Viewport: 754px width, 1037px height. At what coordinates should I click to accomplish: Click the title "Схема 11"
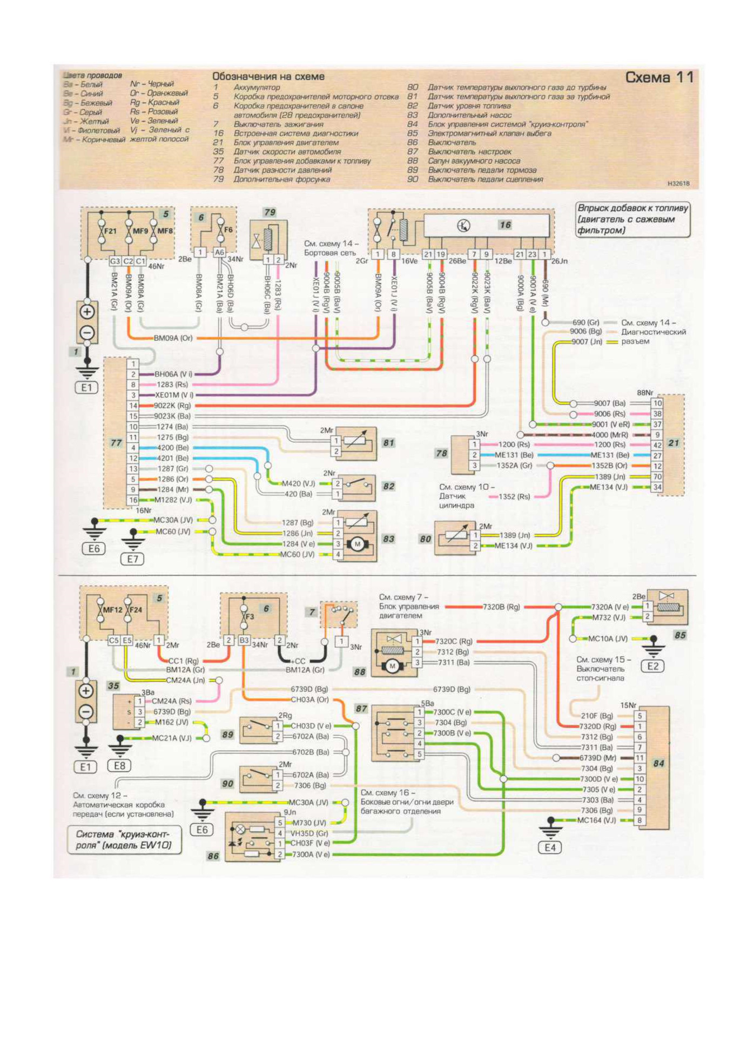pyautogui.click(x=659, y=78)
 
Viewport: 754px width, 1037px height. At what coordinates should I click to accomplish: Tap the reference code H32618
pyautogui.click(x=678, y=184)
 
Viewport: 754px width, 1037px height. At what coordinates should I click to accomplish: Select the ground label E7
pyautogui.click(x=132, y=559)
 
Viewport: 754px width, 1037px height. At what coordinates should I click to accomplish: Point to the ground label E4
pyautogui.click(x=550, y=847)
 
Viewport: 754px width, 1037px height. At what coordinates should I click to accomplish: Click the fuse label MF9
pyautogui.click(x=140, y=231)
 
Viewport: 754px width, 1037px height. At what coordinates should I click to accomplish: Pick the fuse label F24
pyautogui.click(x=136, y=610)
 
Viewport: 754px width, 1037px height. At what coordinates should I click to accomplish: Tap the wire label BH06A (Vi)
pyautogui.click(x=173, y=374)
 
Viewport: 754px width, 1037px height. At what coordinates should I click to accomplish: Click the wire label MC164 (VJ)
pyautogui.click(x=596, y=820)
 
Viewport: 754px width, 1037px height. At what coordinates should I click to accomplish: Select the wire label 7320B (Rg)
pyautogui.click(x=501, y=607)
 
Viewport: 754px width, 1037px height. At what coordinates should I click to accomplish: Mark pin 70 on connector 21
pyautogui.click(x=657, y=477)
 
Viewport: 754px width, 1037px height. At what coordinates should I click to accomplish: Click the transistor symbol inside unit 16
pyautogui.click(x=463, y=226)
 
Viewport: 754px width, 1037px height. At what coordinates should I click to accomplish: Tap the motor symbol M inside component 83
pyautogui.click(x=357, y=544)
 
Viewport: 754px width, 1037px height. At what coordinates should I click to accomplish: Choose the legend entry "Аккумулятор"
pyautogui.click(x=257, y=87)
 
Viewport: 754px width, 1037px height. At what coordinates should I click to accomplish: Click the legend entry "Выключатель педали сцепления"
pyautogui.click(x=485, y=179)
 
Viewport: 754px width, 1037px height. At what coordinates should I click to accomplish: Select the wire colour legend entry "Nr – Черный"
pyautogui.click(x=152, y=84)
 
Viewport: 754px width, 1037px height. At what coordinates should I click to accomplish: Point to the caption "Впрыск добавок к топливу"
pyautogui.click(x=632, y=208)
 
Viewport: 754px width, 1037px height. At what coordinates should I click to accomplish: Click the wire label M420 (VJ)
pyautogui.click(x=298, y=483)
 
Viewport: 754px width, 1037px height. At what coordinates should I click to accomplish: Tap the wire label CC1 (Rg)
pyautogui.click(x=183, y=661)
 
